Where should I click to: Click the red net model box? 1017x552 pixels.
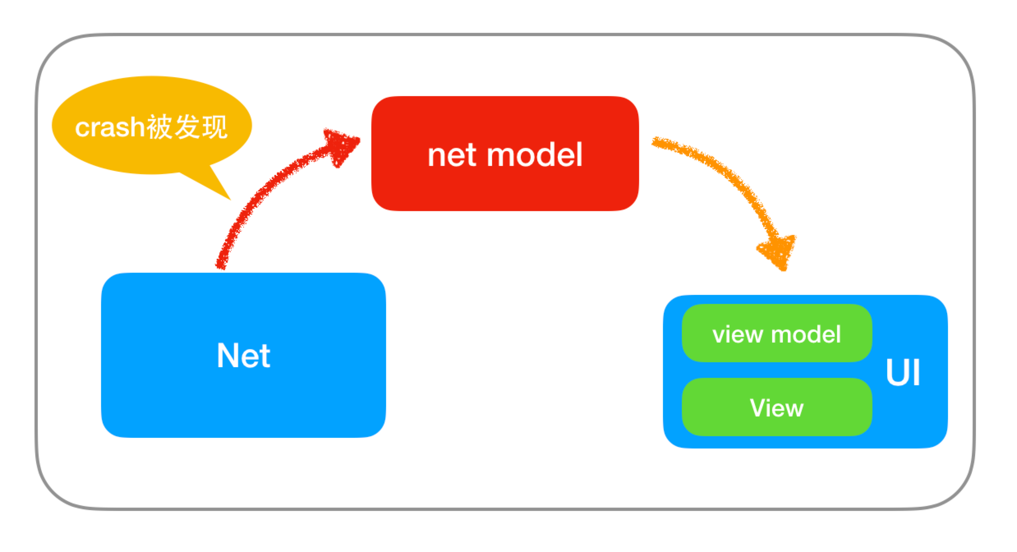pyautogui.click(x=505, y=154)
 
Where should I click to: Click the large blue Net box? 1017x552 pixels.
pyautogui.click(x=244, y=355)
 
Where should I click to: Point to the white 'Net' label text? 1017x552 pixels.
pyautogui.click(x=244, y=355)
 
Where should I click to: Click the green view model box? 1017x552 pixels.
pyautogui.click(x=777, y=333)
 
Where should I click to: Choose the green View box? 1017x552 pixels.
pyautogui.click(x=777, y=407)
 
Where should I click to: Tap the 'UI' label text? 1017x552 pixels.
pyautogui.click(x=903, y=372)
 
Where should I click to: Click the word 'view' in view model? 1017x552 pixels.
pyautogui.click(x=738, y=335)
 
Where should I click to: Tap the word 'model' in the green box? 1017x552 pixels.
pyautogui.click(x=806, y=334)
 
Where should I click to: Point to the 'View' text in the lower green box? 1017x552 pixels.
pyautogui.click(x=777, y=408)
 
